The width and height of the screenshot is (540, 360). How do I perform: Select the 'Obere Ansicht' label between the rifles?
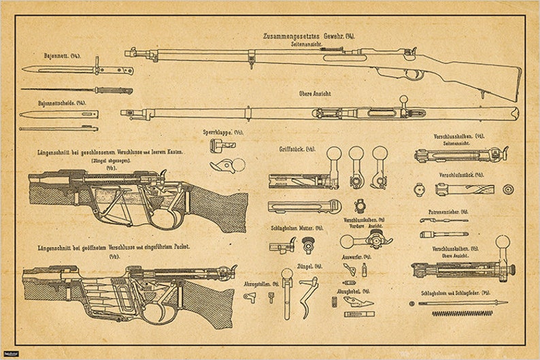[314, 93]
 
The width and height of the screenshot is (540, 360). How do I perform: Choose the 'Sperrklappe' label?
[222, 132]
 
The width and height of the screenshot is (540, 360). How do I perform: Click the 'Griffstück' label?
[297, 148]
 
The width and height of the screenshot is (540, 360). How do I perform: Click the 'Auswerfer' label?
[357, 257]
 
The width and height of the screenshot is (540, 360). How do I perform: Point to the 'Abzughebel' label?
[352, 291]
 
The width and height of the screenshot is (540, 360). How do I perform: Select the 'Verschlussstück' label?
[460, 174]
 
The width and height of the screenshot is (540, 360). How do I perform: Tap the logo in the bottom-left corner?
[10, 353]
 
